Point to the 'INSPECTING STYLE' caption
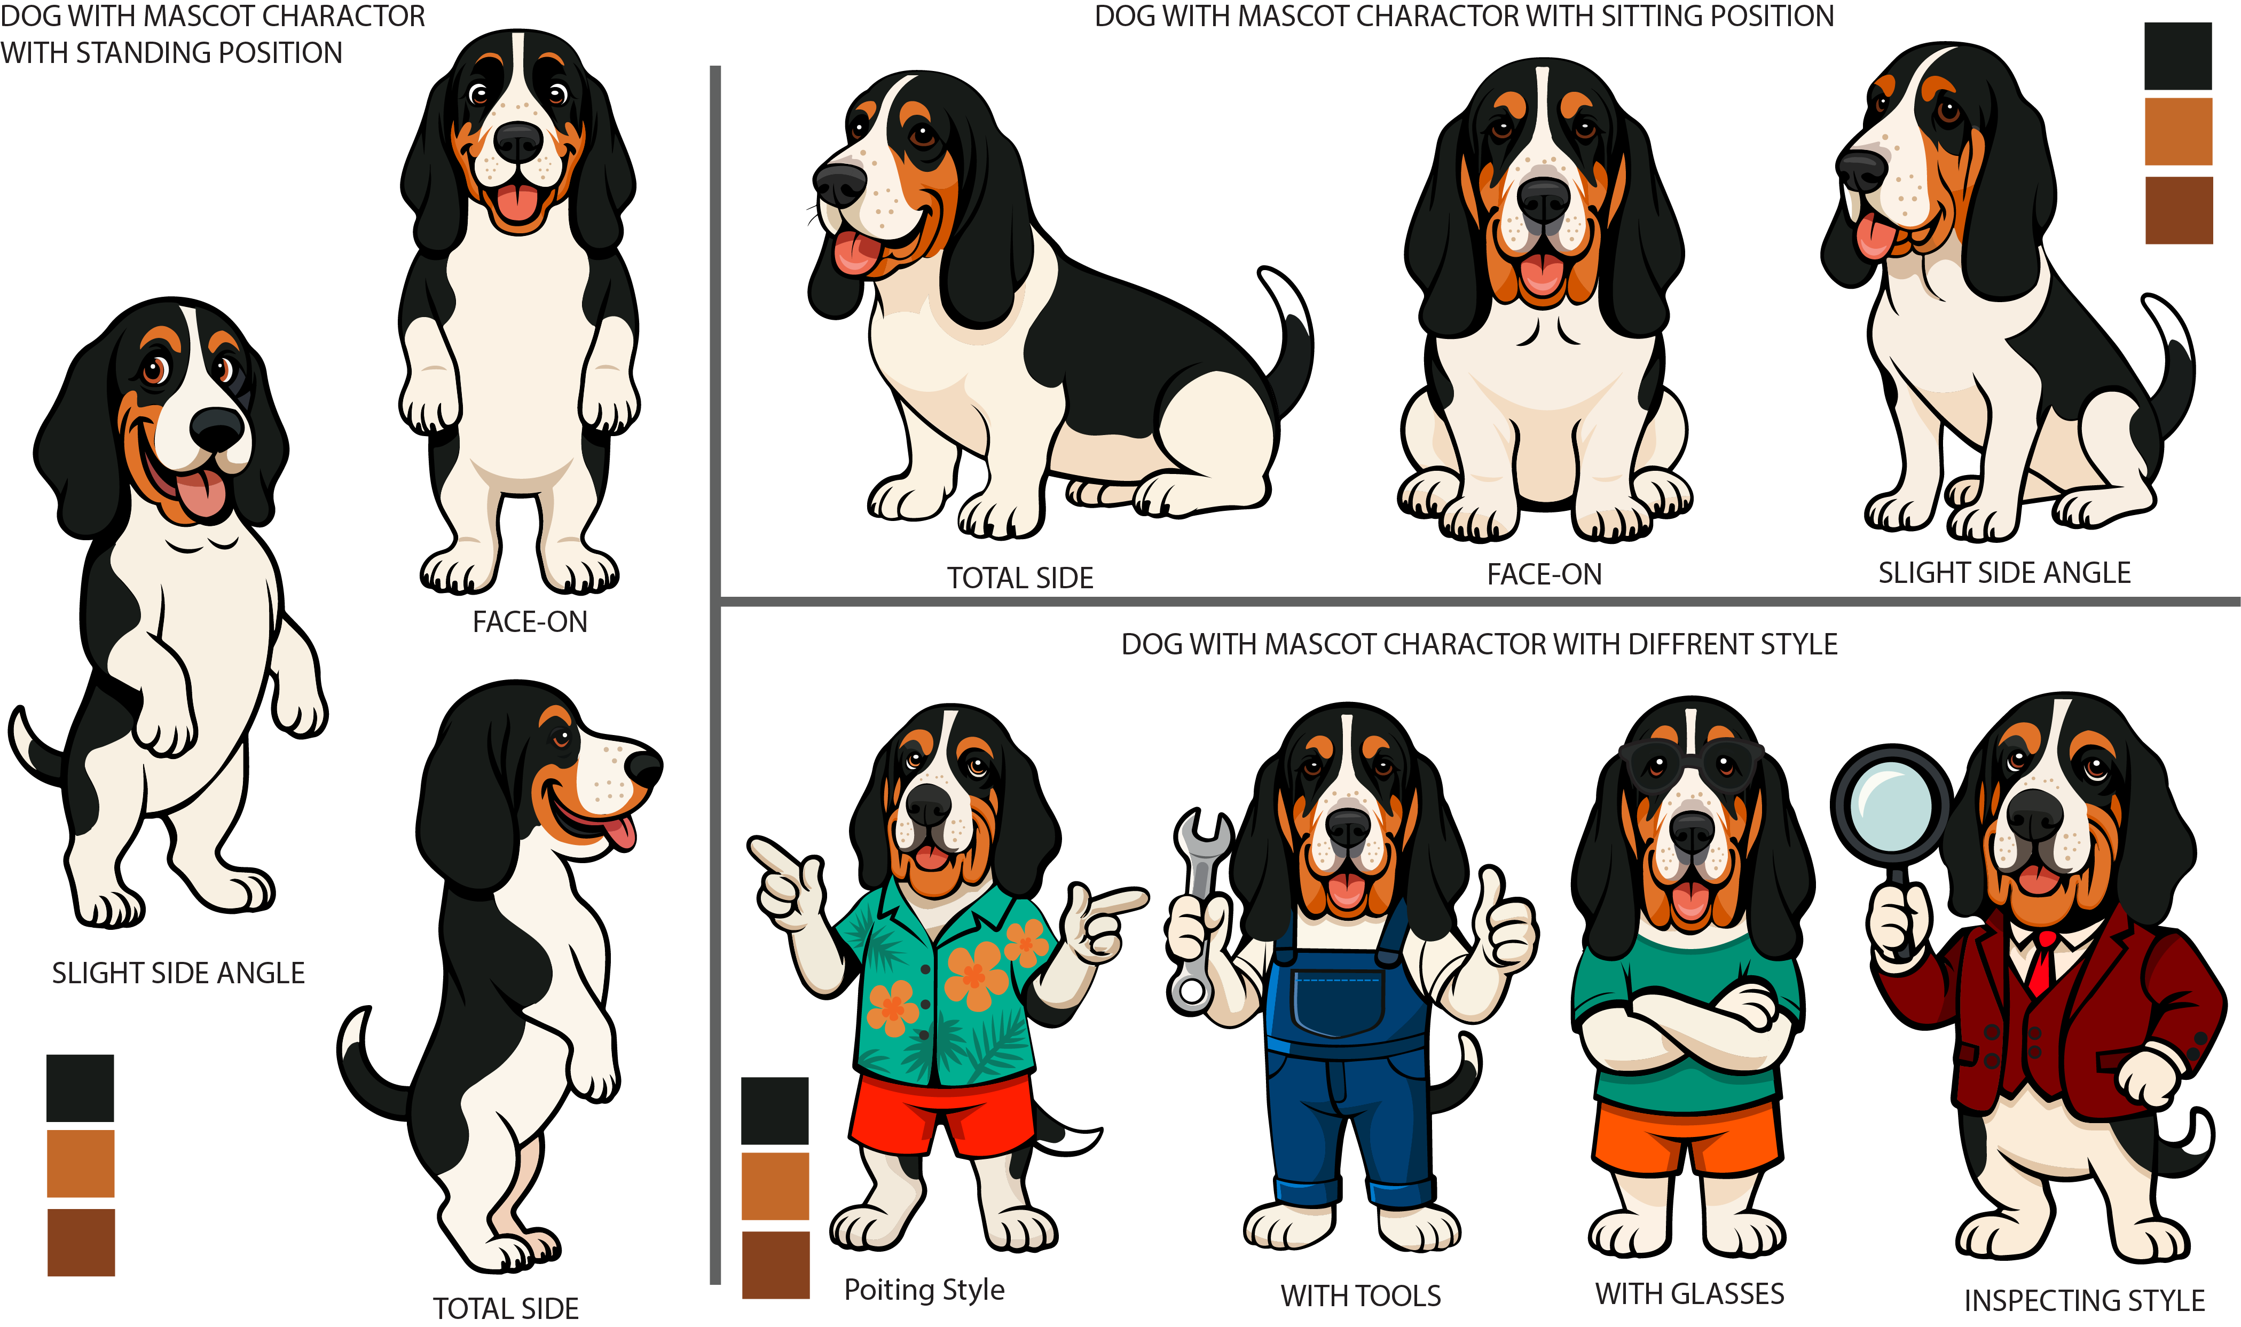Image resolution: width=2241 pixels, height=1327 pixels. click(2083, 1300)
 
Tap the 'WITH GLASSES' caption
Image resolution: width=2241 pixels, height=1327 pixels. click(1689, 1293)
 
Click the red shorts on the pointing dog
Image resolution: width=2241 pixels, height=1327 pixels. click(939, 1113)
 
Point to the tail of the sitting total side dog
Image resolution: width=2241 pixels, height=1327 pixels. click(1288, 340)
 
